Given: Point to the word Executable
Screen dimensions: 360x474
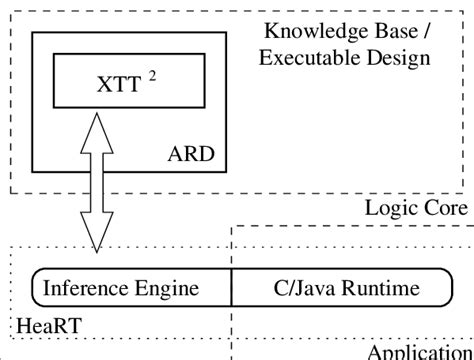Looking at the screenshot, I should (x=302, y=57).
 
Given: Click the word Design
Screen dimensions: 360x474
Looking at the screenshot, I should (x=401, y=57).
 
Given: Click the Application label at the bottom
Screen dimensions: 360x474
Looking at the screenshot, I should (x=420, y=352).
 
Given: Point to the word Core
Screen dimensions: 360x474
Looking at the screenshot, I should (x=444, y=208).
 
